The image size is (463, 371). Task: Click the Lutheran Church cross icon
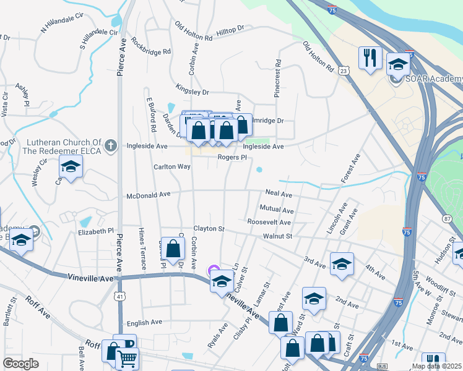(111, 145)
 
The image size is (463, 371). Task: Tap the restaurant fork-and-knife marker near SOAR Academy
(370, 59)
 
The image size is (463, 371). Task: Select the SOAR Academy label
(434, 79)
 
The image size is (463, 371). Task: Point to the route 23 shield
(344, 71)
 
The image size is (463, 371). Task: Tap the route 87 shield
(448, 218)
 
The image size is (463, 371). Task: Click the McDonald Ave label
(148, 195)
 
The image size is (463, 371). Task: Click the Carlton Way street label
(172, 167)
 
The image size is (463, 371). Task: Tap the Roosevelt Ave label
(269, 222)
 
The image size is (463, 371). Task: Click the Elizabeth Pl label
(96, 231)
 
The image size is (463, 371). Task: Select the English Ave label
(144, 323)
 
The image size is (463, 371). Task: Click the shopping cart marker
(127, 357)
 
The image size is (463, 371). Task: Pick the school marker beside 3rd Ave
(342, 264)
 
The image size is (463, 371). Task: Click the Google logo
(20, 364)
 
